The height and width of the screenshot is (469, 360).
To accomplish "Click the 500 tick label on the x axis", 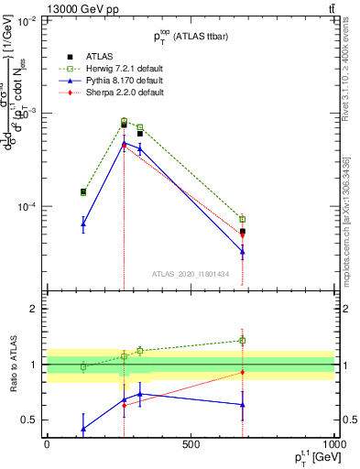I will click(x=191, y=444).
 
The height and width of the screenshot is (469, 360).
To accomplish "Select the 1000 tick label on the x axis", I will click(x=332, y=444).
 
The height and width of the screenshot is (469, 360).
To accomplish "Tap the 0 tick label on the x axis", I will click(x=47, y=444).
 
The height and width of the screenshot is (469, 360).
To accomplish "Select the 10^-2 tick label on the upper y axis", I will click(x=26, y=20).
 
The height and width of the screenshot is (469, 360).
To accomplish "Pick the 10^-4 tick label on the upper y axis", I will click(x=26, y=207).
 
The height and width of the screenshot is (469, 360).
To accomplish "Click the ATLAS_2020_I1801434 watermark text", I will click(x=190, y=273).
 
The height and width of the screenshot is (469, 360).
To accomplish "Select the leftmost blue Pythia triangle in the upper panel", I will click(x=83, y=224).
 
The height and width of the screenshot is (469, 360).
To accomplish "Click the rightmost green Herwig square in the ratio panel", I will click(x=243, y=341).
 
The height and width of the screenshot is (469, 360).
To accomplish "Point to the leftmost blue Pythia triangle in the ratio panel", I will click(x=83, y=428).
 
